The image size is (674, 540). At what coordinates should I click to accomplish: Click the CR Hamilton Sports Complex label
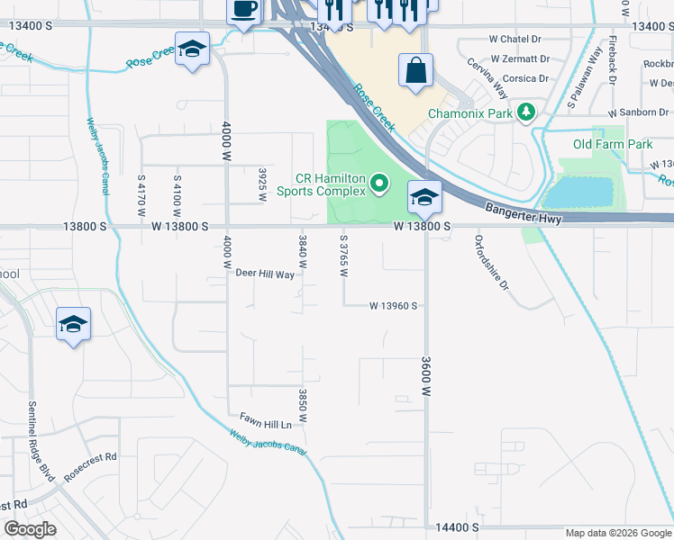point(321,184)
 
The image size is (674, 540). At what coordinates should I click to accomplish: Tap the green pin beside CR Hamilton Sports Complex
point(379,184)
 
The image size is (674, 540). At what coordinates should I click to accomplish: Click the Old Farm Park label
point(613,144)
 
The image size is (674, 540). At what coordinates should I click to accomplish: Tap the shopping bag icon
point(415,71)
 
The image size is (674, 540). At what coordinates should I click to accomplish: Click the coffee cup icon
point(243,10)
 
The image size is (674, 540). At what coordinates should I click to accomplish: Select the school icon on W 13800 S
point(424,197)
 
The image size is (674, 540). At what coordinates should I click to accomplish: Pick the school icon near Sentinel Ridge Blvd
point(73,324)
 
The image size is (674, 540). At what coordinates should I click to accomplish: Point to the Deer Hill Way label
point(265,274)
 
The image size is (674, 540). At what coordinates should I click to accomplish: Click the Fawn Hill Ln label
point(266,420)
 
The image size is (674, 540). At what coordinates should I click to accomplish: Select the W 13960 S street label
point(393,306)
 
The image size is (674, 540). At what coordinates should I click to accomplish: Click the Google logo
point(31,529)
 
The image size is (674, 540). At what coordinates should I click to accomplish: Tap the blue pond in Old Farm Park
point(579,192)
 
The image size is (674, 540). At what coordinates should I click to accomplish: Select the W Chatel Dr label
point(515,40)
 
